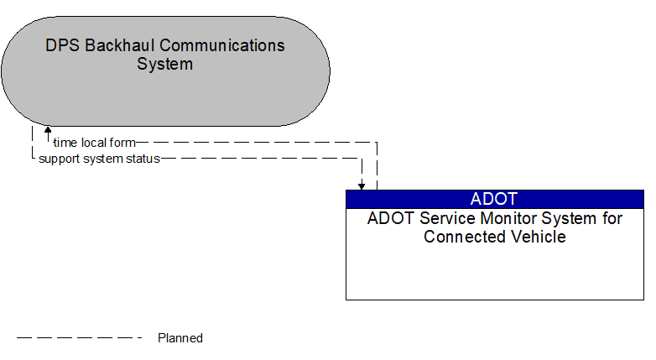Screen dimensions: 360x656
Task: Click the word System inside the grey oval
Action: click(x=165, y=64)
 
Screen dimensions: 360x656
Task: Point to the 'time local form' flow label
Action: click(x=94, y=143)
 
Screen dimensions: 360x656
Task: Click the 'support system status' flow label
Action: click(x=99, y=158)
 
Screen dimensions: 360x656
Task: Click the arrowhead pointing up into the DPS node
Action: click(x=48, y=131)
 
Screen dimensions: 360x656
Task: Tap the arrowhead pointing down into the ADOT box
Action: click(x=362, y=185)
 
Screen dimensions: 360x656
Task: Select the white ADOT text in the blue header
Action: click(x=494, y=199)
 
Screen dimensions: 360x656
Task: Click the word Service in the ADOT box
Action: click(x=439, y=219)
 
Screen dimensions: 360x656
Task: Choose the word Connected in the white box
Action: click(x=464, y=237)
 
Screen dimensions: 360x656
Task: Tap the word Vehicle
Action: click(x=538, y=237)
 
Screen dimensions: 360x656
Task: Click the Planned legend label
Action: click(x=180, y=338)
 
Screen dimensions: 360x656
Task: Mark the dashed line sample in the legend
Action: click(x=80, y=338)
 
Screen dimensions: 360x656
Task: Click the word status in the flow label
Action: click(x=143, y=158)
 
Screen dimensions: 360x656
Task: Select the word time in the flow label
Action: click(x=65, y=143)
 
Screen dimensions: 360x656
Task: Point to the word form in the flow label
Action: click(x=122, y=143)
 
